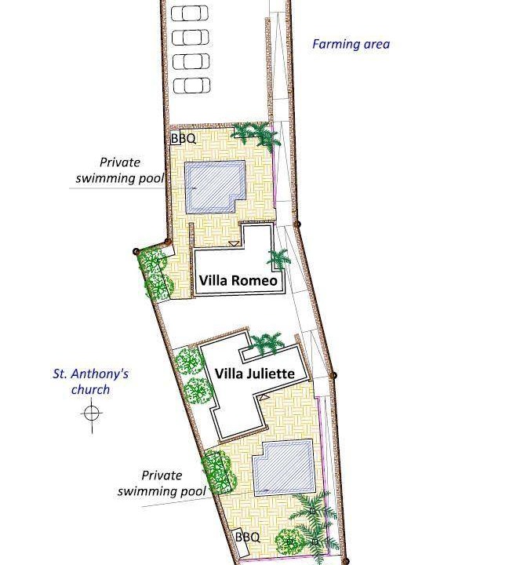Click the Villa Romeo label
[238, 280]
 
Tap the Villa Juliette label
[255, 374]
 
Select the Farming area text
[351, 44]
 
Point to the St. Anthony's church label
[91, 381]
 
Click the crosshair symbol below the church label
[92, 413]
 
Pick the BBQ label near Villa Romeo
[184, 138]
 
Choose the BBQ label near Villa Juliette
[247, 538]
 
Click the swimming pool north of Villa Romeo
[215, 188]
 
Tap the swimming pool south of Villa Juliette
[284, 468]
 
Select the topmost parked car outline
[190, 13]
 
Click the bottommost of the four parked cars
[191, 86]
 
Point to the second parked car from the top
[191, 37]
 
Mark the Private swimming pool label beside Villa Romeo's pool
[120, 170]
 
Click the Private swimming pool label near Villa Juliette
[162, 483]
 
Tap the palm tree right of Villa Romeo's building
[278, 258]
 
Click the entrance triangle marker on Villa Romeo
[234, 244]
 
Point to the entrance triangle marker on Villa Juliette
[264, 397]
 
